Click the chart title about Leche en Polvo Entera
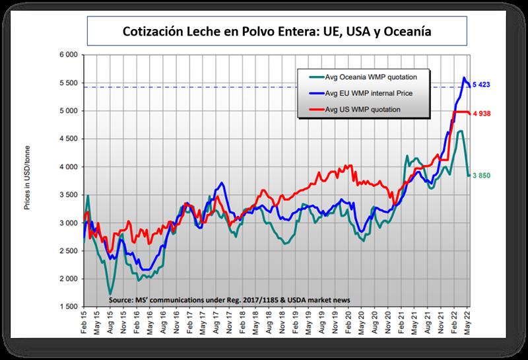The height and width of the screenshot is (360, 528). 278,31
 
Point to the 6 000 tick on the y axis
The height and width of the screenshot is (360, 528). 68,55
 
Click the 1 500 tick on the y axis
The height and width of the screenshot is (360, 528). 68,307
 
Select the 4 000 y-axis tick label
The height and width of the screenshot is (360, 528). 68,167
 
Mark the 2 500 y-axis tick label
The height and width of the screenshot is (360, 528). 68,251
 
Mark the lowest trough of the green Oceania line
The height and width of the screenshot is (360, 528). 110,293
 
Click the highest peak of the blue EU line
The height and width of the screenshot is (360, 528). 463,78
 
